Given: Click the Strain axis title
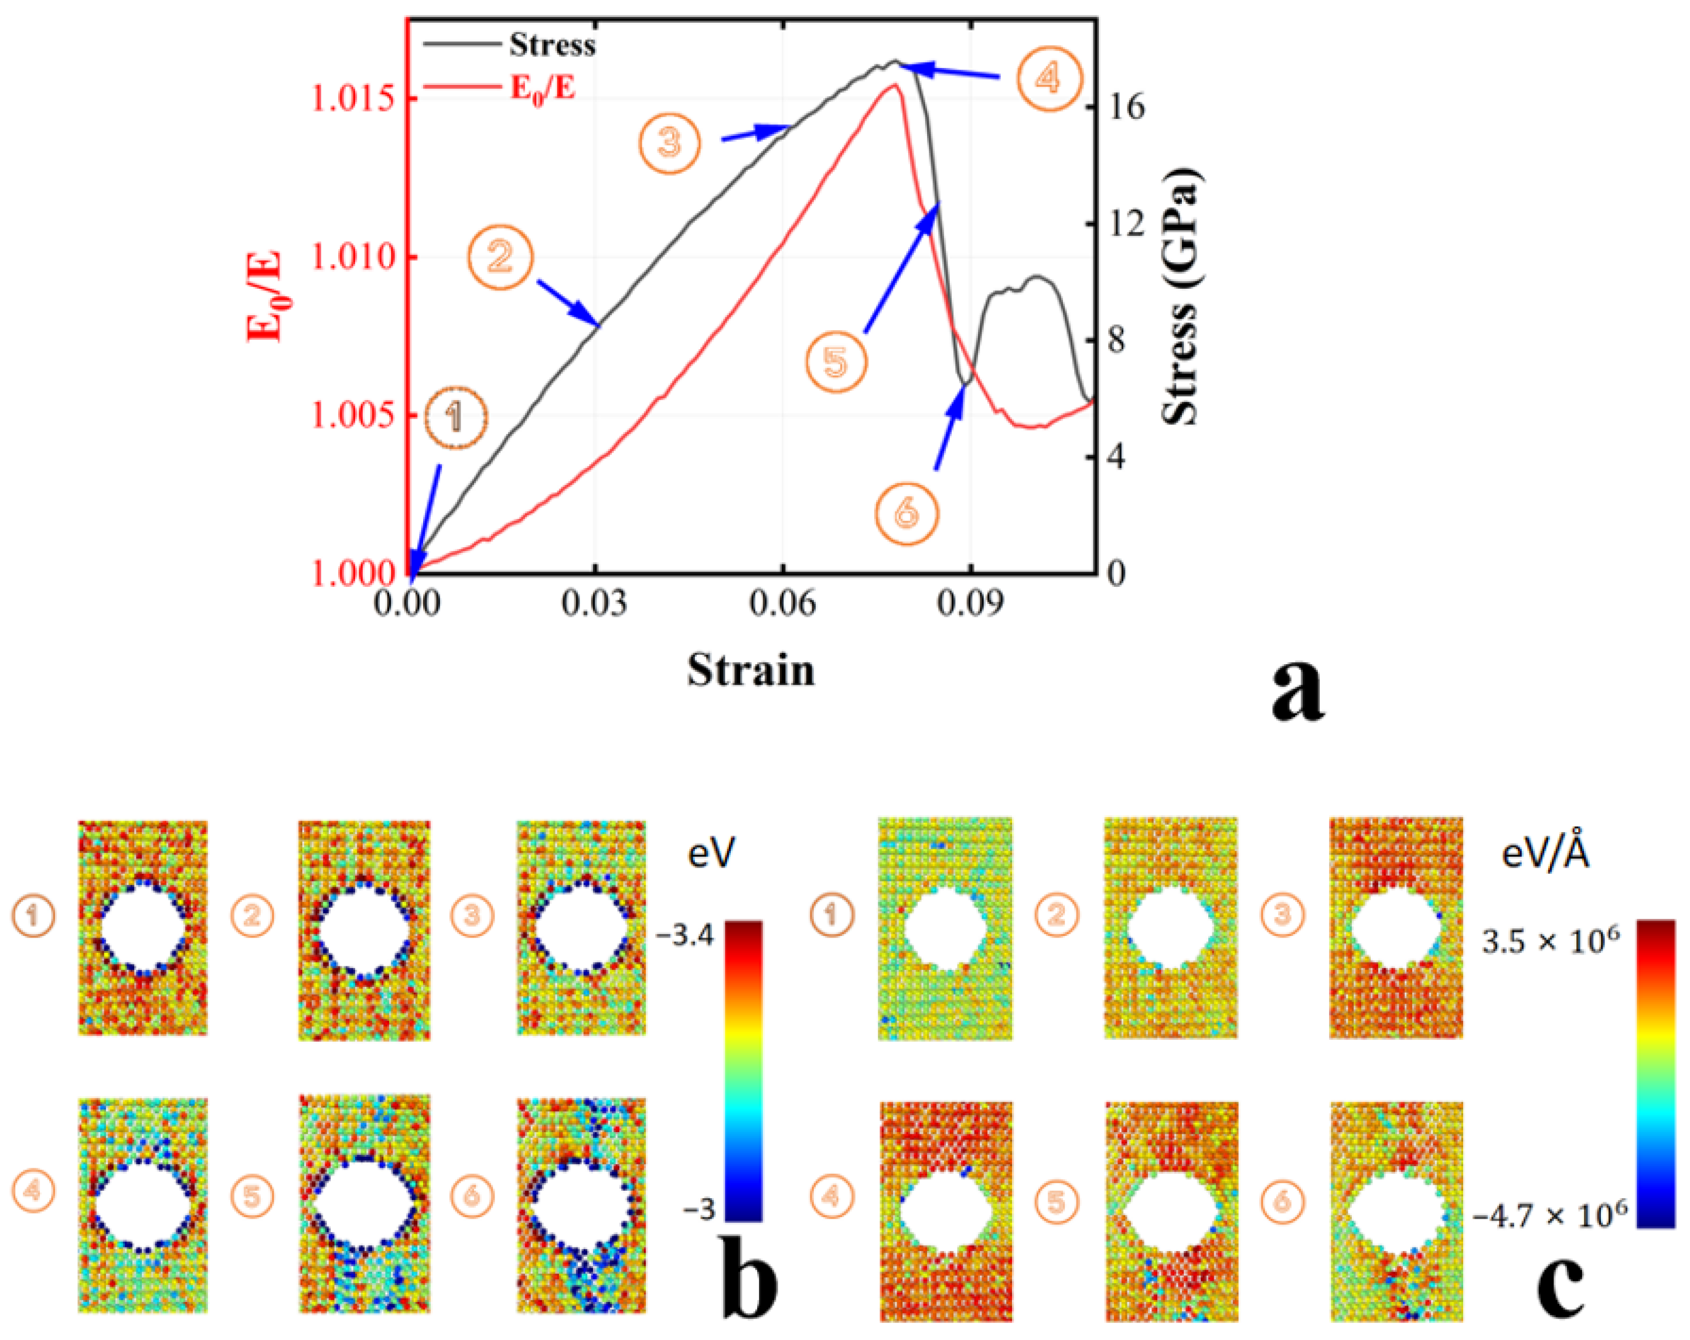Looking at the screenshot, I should [x=751, y=671].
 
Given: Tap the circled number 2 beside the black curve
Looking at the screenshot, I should [x=500, y=257].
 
